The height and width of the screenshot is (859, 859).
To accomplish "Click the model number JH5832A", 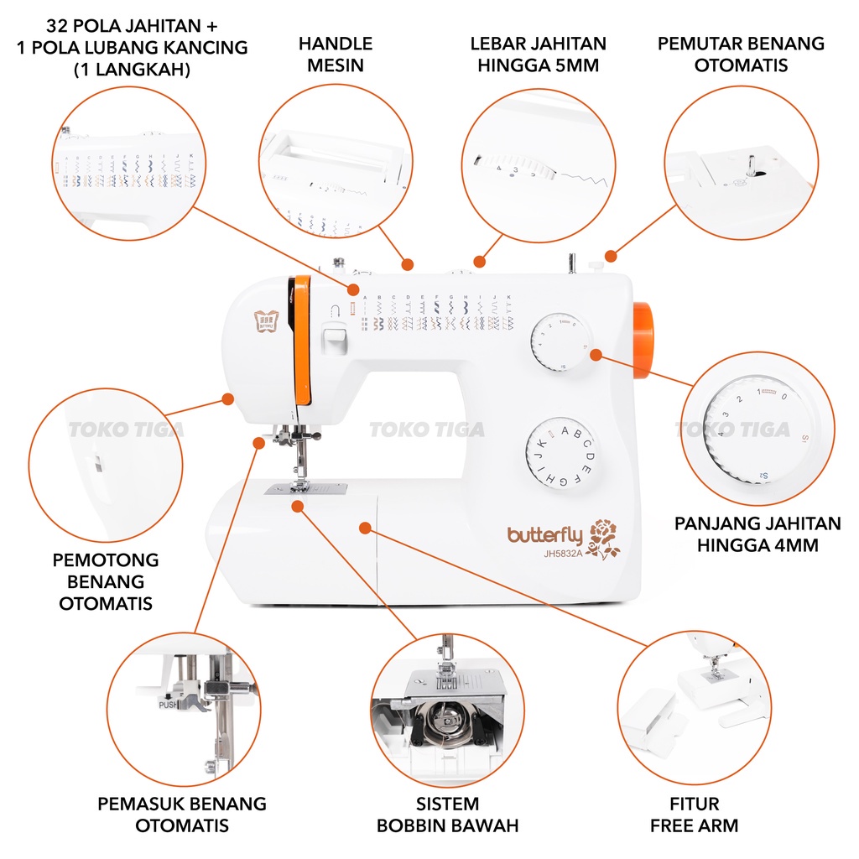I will pos(556,553).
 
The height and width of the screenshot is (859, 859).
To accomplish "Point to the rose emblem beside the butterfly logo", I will pos(605,539).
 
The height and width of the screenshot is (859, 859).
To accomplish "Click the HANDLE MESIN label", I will pos(335,54).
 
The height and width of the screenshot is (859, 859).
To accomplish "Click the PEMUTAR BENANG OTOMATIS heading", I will pos(741,54).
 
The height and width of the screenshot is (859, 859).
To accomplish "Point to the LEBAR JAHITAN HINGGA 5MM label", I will pos(538,54).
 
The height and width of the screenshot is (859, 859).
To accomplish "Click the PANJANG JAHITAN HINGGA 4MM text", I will pos(757,534).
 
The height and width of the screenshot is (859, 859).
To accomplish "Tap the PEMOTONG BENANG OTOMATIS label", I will pos(107,581).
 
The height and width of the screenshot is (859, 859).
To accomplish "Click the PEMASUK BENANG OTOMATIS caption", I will pos(182,814).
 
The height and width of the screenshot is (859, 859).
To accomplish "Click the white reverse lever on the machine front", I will pos(334,339).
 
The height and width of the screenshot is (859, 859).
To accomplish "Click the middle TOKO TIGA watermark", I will pos(427,430).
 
